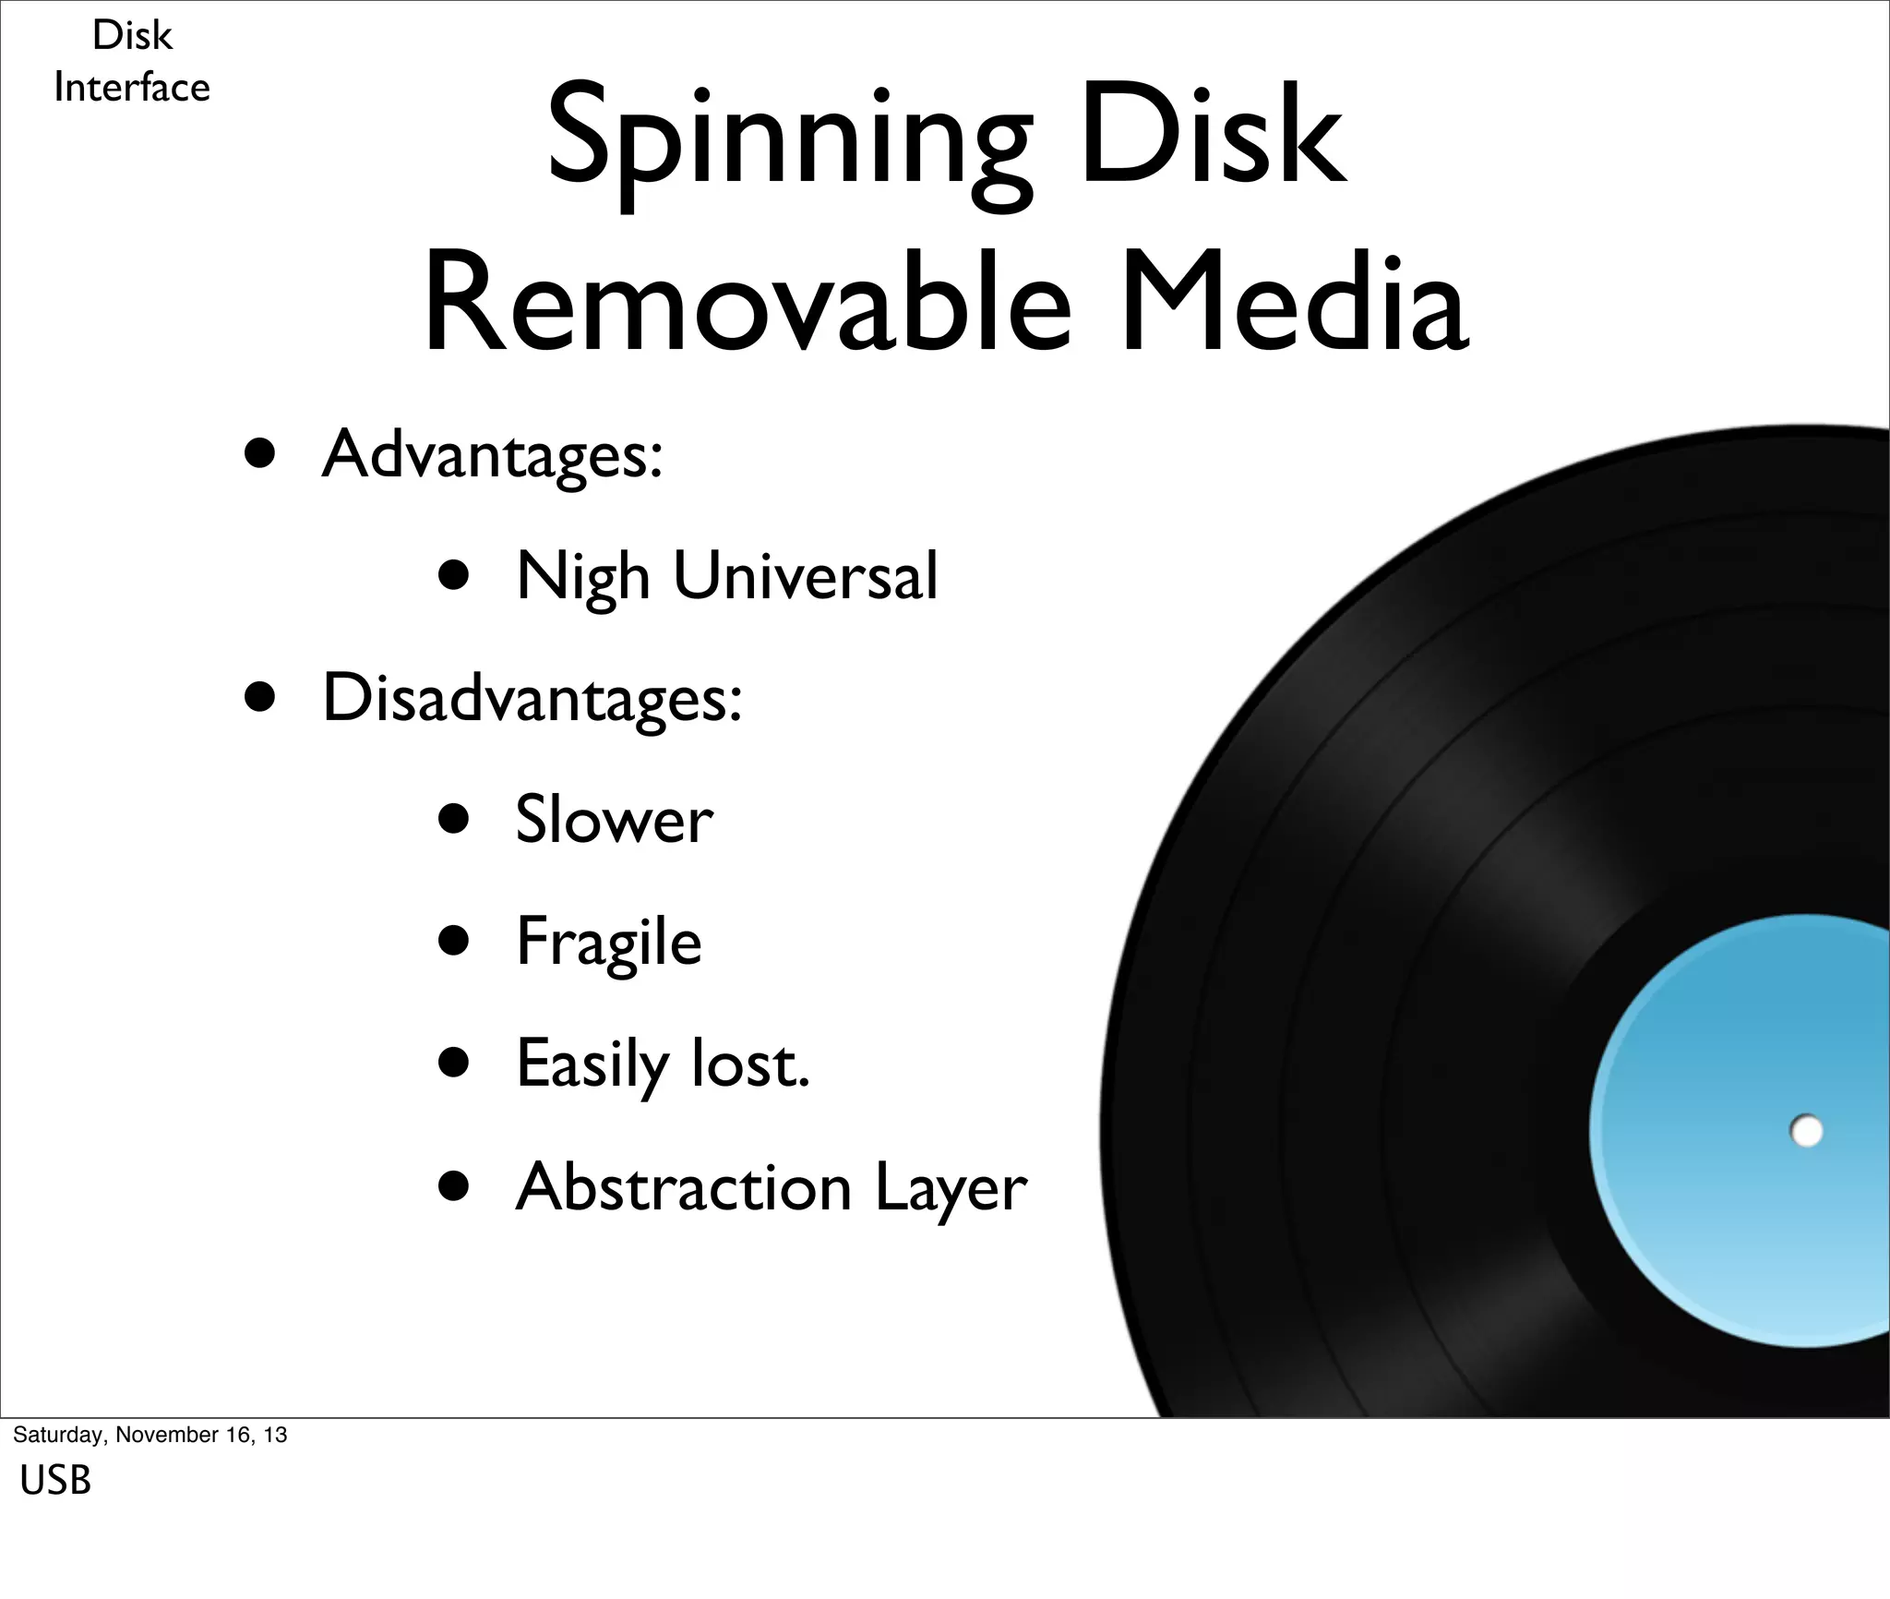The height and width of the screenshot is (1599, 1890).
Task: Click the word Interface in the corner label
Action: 132,88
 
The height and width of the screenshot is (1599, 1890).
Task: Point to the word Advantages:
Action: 492,454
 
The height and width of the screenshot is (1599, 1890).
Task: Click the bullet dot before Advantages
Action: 260,454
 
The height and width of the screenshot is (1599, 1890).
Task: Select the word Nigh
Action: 582,577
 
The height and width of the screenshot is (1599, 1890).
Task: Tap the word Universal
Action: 805,576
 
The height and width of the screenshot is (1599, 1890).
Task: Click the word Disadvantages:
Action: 532,698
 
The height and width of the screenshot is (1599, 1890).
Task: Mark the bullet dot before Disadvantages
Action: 260,699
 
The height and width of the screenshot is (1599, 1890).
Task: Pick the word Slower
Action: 614,820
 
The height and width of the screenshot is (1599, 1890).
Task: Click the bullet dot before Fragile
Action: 454,941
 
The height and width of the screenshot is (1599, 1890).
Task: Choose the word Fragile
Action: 609,943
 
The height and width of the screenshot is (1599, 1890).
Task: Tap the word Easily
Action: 592,1064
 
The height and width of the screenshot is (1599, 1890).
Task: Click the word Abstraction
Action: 684,1186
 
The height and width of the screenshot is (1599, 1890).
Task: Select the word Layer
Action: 951,1188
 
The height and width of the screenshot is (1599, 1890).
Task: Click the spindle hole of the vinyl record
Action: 1806,1131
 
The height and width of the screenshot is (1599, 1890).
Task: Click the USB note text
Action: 55,1481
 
